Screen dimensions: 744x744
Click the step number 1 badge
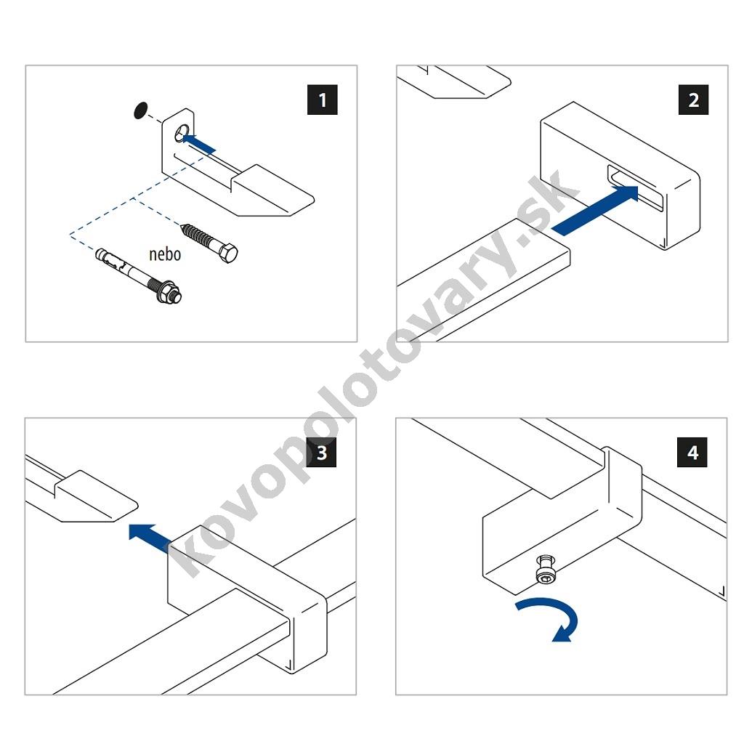322,100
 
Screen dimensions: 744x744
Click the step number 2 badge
693,100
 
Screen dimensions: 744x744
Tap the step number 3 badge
322,452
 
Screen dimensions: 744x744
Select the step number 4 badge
692,452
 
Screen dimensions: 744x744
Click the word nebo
165,254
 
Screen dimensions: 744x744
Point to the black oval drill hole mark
139,110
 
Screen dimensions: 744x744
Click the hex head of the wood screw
228,253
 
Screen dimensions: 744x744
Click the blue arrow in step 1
198,143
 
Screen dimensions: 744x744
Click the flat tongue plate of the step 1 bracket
273,191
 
